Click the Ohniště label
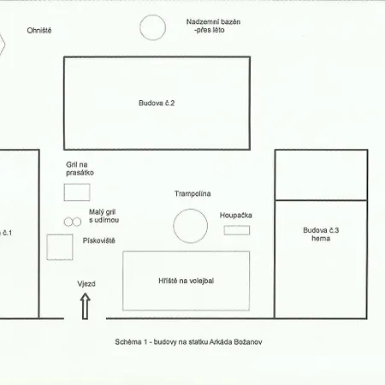pyautogui.click(x=39, y=30)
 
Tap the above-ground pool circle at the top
pyautogui.click(x=153, y=15)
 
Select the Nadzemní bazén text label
pyautogui.click(x=213, y=26)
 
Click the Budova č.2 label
pyautogui.click(x=157, y=103)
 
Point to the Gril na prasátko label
pyautogui.click(x=80, y=169)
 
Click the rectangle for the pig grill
pyautogui.click(x=77, y=184)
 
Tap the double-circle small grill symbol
pyautogui.click(x=73, y=222)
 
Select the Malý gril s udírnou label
pyautogui.click(x=104, y=216)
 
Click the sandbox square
pyautogui.click(x=60, y=235)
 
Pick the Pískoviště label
pyautogui.click(x=99, y=240)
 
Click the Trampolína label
pyautogui.click(x=192, y=193)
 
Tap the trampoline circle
pyautogui.click(x=191, y=210)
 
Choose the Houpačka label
pyautogui.click(x=236, y=216)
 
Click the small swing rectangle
pyautogui.click(x=237, y=226)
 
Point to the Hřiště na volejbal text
pyautogui.click(x=187, y=281)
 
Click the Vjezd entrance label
pyautogui.click(x=86, y=284)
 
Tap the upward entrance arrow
pyautogui.click(x=86, y=306)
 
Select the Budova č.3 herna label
pyautogui.click(x=321, y=234)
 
